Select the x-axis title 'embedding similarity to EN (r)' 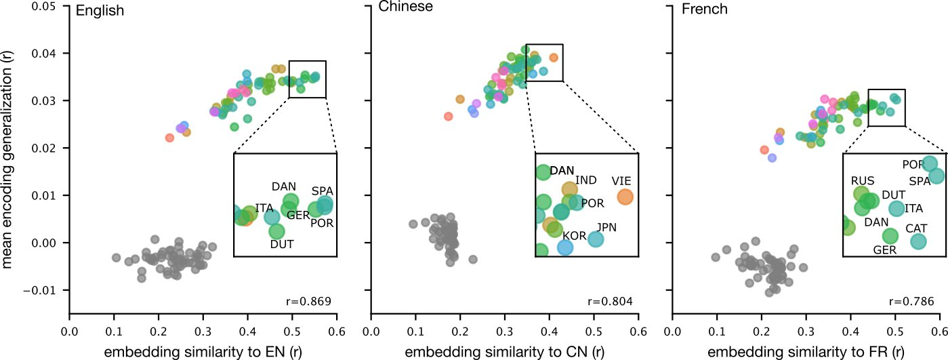point(203,351)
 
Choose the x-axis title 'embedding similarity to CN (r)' point(504,351)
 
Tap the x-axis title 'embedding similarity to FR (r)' point(806,351)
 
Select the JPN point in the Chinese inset point(595,239)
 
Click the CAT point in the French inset point(918,241)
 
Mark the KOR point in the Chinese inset point(565,247)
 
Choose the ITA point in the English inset point(272,217)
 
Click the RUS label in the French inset point(863,181)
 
